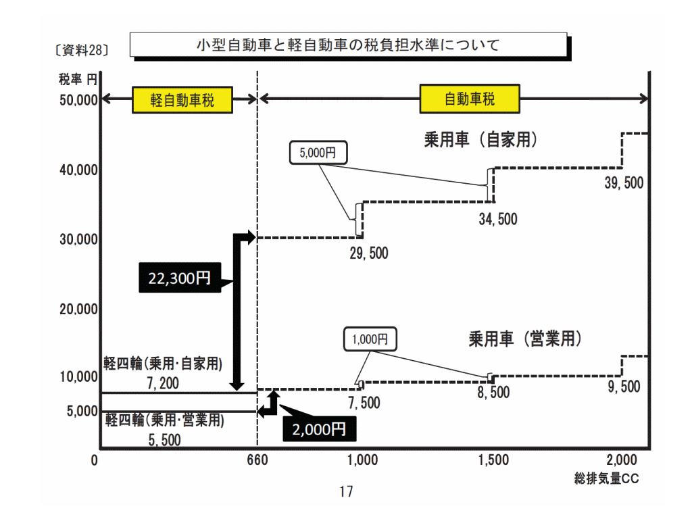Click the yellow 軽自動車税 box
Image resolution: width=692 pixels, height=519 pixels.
(182, 100)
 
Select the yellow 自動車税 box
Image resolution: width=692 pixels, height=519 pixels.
(470, 99)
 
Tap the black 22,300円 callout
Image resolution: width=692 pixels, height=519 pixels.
(180, 278)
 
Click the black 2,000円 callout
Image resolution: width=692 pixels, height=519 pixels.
(319, 429)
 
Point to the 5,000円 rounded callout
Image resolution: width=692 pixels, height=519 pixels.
(318, 153)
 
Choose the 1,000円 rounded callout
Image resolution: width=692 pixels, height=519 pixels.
(370, 339)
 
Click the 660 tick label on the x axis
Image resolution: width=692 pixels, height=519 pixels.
(257, 460)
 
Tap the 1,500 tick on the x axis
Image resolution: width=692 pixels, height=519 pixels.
(493, 460)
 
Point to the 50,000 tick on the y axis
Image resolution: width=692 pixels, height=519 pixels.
(78, 100)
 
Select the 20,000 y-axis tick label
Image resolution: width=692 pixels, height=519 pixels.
(78, 310)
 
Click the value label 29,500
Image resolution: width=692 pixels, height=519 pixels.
(369, 253)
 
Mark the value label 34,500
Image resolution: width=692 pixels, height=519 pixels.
(498, 220)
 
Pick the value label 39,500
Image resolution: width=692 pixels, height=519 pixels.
(624, 182)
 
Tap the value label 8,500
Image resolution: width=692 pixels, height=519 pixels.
(493, 393)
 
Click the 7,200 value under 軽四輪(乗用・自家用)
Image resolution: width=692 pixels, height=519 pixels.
(163, 383)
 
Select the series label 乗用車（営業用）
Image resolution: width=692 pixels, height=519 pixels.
(525, 339)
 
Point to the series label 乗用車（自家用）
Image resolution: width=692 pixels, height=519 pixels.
(481, 139)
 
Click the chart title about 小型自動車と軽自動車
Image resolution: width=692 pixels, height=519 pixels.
(348, 45)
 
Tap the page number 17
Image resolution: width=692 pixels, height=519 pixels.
(347, 491)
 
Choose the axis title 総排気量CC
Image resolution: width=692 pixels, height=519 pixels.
(606, 478)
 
